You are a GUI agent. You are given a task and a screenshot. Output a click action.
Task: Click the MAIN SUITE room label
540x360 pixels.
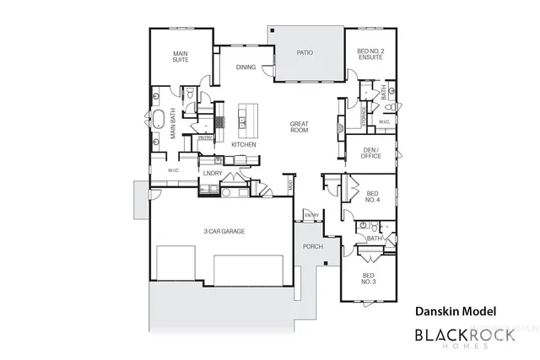click(181, 55)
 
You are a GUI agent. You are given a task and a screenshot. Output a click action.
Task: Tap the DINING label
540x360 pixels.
click(246, 67)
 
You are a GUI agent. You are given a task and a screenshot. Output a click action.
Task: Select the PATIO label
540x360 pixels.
click(305, 53)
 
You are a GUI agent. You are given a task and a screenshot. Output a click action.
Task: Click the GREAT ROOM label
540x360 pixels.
click(300, 128)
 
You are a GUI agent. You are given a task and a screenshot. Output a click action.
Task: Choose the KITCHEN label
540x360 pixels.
click(244, 144)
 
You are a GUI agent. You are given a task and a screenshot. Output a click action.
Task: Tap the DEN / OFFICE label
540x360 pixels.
click(371, 153)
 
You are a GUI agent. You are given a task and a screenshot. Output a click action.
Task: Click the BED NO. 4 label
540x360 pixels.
click(372, 196)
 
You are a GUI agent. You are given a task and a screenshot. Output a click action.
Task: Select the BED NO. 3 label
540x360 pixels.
click(369, 278)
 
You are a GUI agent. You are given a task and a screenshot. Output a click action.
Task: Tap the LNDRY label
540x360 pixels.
click(213, 174)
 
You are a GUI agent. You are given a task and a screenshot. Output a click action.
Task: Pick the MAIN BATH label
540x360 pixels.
click(172, 126)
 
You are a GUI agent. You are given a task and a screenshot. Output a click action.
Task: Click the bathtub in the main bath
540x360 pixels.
click(158, 117)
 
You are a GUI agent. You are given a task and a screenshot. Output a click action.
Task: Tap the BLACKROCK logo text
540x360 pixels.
click(461, 336)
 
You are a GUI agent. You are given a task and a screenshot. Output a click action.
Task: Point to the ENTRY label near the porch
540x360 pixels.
click(312, 215)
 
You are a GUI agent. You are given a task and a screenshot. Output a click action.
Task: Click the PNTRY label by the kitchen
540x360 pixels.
click(205, 137)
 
